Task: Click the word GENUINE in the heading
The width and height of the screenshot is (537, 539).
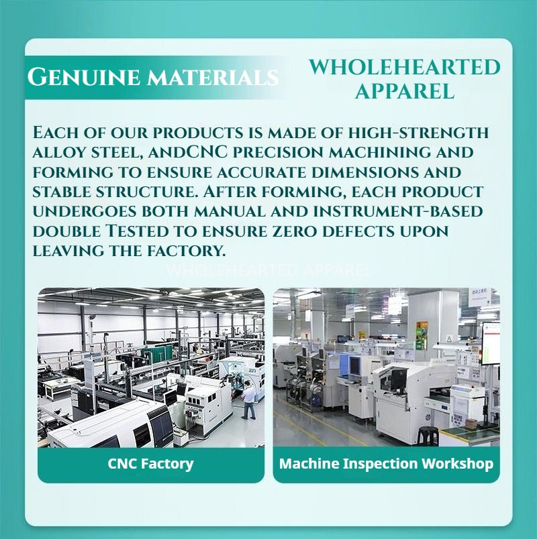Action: (84, 76)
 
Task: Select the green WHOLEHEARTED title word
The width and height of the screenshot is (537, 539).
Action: (405, 67)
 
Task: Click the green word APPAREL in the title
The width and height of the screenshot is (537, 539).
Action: (405, 91)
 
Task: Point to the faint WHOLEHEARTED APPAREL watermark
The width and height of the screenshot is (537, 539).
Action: (268, 271)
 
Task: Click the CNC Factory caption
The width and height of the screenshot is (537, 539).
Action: (150, 463)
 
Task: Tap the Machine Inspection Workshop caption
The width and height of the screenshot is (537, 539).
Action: (386, 463)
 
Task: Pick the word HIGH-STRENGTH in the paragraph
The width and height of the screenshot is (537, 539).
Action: (418, 133)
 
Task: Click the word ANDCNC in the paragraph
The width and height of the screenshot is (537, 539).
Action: (188, 152)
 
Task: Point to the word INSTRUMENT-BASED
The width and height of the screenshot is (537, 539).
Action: (397, 211)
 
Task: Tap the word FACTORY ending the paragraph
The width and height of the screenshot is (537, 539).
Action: (186, 251)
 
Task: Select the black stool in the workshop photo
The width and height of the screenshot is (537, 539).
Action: (428, 436)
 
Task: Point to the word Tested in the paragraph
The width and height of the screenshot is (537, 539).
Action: (137, 231)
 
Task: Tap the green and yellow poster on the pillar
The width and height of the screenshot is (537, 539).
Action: (422, 335)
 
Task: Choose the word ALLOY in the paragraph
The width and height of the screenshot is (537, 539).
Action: (59, 152)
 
